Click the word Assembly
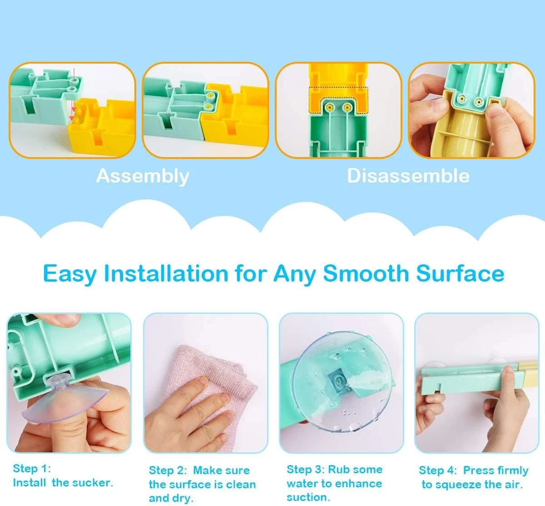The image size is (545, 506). tap(143, 176)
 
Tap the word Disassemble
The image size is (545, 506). tap(408, 176)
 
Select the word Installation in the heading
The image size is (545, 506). tap(166, 273)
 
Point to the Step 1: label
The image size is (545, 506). tap(32, 469)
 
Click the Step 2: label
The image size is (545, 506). tap(168, 470)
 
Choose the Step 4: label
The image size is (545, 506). tap(438, 470)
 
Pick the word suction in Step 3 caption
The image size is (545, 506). tap(308, 497)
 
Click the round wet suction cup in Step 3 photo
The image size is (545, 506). tap(342, 382)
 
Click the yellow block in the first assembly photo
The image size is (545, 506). tap(102, 127)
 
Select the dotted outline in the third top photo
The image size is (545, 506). tap(338, 100)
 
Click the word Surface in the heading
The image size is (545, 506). tap(460, 273)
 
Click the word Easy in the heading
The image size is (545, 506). tap(70, 274)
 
